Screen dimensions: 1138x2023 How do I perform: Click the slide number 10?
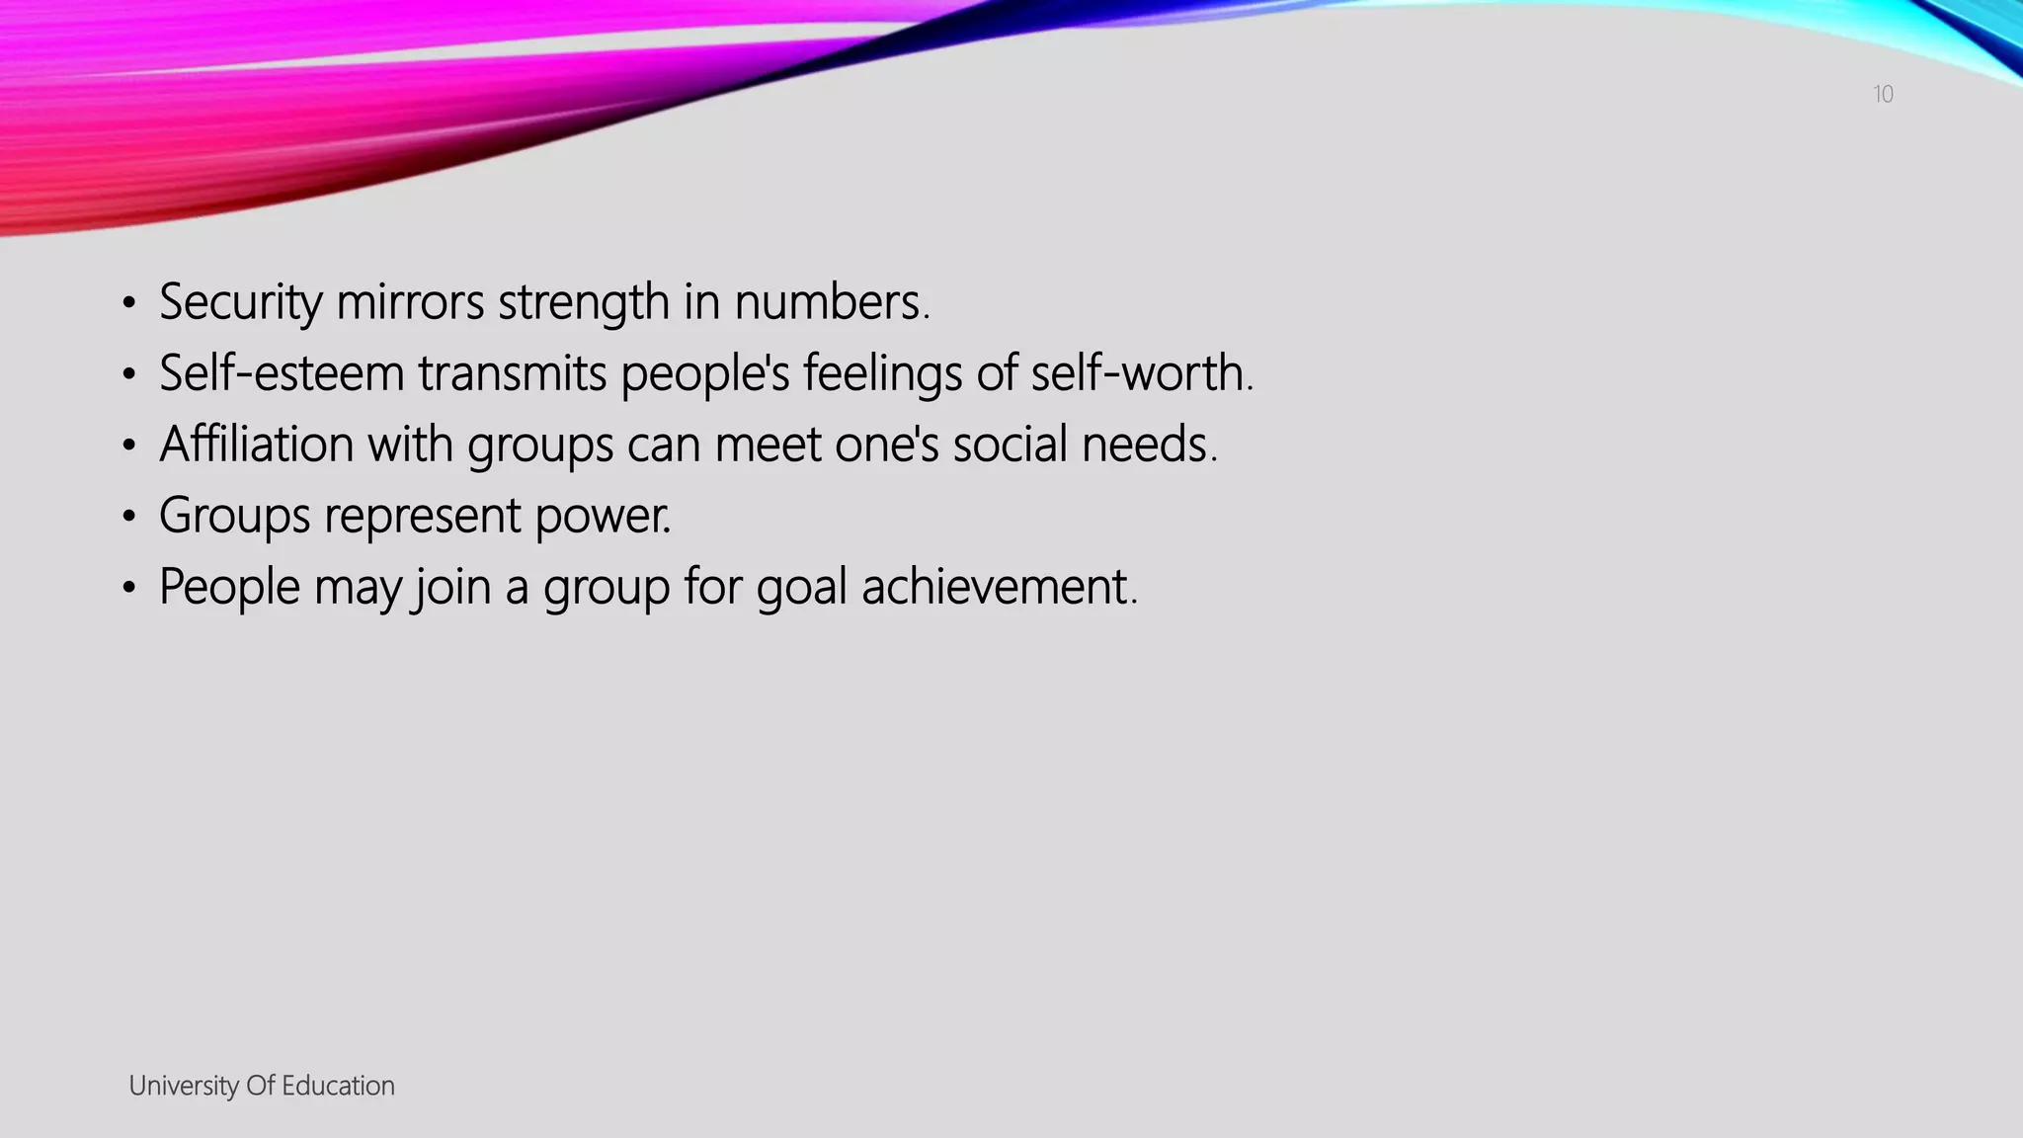point(1883,95)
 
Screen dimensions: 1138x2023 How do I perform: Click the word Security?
point(240,302)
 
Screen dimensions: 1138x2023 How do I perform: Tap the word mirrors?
point(410,302)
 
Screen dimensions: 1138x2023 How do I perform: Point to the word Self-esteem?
point(282,373)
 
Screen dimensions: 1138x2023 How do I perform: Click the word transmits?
point(512,373)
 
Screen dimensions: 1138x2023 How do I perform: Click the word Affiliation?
point(256,445)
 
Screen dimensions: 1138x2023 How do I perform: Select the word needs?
point(1147,445)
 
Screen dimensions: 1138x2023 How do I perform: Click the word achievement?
point(998,587)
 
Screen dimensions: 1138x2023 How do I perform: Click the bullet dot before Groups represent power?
point(128,517)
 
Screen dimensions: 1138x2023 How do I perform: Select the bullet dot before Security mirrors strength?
point(128,303)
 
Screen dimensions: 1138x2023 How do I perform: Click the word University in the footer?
point(184,1086)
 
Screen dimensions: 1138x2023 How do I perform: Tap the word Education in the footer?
point(338,1086)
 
